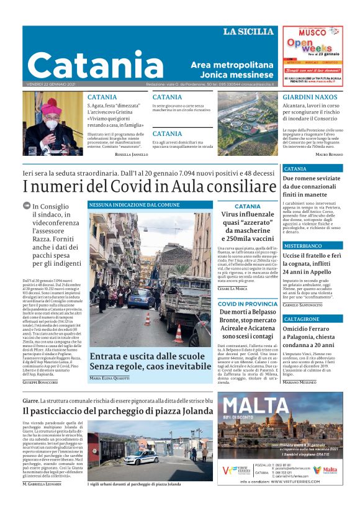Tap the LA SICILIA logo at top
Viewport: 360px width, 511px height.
(248, 32)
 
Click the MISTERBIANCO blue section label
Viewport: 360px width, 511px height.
(303, 246)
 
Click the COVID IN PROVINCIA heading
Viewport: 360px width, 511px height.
(248, 304)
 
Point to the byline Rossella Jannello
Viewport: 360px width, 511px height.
(131, 154)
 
